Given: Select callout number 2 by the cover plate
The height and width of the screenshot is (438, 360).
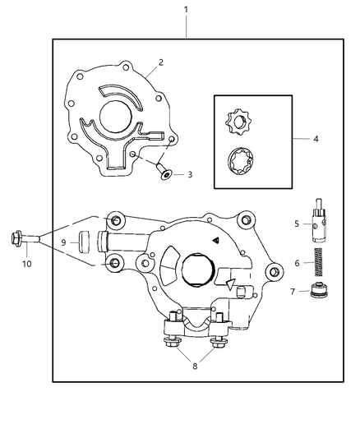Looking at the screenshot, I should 161,62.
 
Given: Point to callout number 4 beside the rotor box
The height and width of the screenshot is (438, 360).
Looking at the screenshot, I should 316,140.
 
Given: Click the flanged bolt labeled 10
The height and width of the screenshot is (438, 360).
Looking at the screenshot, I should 25,241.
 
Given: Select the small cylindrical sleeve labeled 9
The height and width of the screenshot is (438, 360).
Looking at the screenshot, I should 84,242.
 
